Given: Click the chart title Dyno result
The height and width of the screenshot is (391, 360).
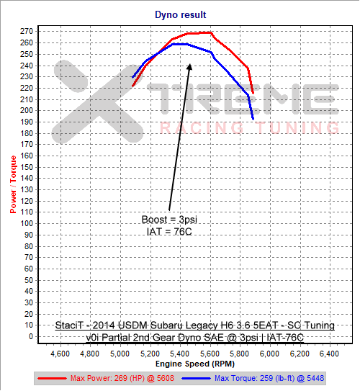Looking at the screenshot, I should [181, 14].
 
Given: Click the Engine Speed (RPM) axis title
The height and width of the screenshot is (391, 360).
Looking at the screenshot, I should [194, 364].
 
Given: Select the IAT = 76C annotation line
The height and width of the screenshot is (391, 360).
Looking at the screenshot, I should [171, 231].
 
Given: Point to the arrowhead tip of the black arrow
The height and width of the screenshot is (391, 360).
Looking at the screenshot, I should [191, 64].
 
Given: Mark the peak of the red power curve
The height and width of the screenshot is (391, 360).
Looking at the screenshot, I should [209, 32].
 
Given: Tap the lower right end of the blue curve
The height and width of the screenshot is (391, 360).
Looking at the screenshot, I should [253, 118].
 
